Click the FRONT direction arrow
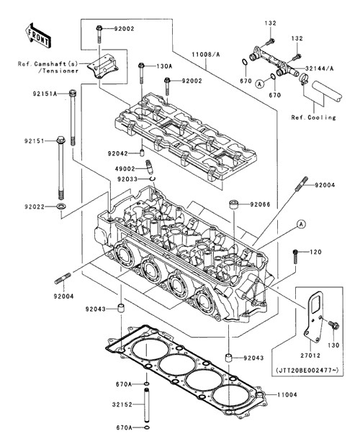click(38, 35)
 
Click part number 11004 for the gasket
click(287, 395)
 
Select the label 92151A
click(45, 94)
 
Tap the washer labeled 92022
click(61, 207)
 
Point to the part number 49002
click(125, 169)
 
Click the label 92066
click(260, 204)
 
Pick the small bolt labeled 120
click(295, 256)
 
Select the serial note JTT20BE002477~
click(307, 370)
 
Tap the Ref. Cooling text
click(313, 117)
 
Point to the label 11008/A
click(206, 54)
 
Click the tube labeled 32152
click(147, 404)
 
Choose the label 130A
click(164, 66)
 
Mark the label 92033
click(127, 179)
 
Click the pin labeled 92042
click(142, 153)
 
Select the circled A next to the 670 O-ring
click(260, 83)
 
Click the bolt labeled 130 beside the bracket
click(333, 325)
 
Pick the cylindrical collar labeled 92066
click(234, 204)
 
